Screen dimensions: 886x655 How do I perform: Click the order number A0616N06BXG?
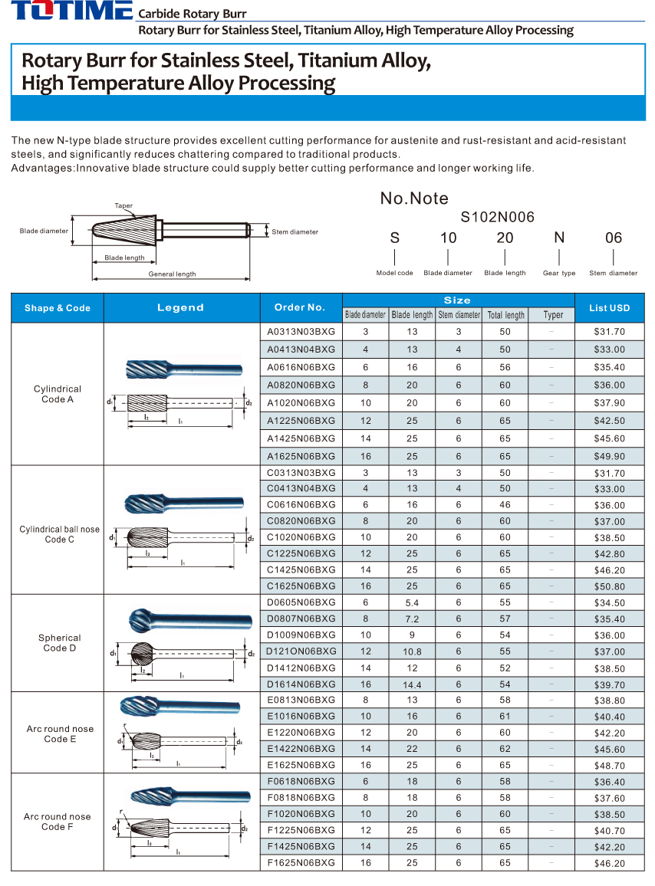(301, 367)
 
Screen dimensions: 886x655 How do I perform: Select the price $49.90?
(609, 456)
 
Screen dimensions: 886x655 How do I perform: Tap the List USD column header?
(609, 308)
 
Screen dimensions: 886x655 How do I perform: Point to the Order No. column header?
(300, 307)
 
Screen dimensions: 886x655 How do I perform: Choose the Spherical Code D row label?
(59, 643)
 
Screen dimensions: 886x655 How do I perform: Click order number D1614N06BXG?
(301, 684)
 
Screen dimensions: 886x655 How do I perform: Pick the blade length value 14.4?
(412, 684)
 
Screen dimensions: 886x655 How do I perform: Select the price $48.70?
(609, 766)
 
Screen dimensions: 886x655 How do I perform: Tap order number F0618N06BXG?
(301, 782)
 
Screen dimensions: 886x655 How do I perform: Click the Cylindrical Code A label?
(58, 394)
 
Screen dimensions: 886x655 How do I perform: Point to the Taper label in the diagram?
(123, 206)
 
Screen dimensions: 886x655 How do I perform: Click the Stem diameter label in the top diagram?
(295, 231)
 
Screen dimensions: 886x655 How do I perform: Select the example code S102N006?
(497, 218)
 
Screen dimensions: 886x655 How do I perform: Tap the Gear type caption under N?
(558, 273)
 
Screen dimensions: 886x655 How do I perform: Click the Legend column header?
(181, 307)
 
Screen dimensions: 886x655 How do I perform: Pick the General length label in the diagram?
(172, 274)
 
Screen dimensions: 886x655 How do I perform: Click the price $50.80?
(609, 586)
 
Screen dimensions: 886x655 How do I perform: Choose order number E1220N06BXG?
(301, 733)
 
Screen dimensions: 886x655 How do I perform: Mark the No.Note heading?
(414, 199)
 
